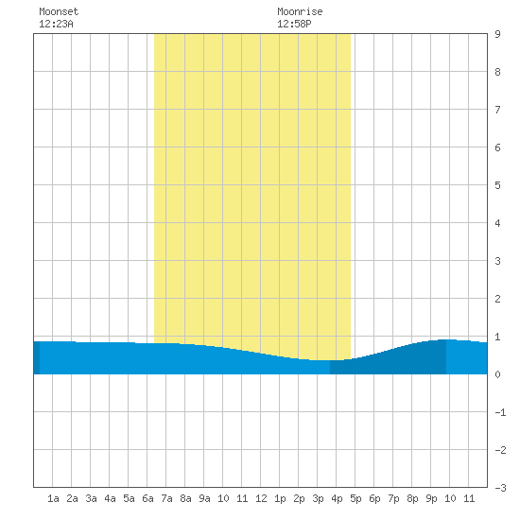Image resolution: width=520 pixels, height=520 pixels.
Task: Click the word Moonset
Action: pos(59,11)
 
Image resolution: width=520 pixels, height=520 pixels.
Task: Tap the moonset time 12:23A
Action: pos(56,24)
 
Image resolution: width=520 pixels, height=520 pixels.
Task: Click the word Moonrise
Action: pos(300,11)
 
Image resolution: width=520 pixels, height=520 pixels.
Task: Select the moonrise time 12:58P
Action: pos(294,24)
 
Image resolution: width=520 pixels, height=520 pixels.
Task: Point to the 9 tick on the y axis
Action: pos(497,34)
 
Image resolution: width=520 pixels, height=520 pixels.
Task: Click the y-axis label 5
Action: pos(497,185)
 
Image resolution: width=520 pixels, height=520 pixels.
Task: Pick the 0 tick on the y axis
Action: pos(497,374)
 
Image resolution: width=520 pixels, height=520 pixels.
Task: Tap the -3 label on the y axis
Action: pos(500,488)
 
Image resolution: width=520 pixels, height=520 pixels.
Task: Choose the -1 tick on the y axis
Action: pos(500,412)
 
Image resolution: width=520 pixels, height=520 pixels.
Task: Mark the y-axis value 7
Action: pos(497,110)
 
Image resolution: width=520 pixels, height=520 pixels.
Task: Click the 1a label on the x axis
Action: pos(53,498)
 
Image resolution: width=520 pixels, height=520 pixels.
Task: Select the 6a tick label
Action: pos(147,498)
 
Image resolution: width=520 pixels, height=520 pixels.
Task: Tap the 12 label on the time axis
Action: pos(261,498)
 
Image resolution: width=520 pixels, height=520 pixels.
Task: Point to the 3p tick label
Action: pos(318,498)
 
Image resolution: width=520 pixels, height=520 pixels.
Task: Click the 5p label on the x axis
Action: pos(355,498)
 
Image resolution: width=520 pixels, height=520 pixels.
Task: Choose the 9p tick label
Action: pos(431,498)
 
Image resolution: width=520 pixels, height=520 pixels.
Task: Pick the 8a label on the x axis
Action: pos(185,498)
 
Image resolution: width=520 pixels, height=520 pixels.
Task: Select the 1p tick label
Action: pos(280,498)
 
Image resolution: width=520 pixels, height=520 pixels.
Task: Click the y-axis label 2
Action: pos(497,299)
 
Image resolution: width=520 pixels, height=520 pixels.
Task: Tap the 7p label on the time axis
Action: pos(393,498)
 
